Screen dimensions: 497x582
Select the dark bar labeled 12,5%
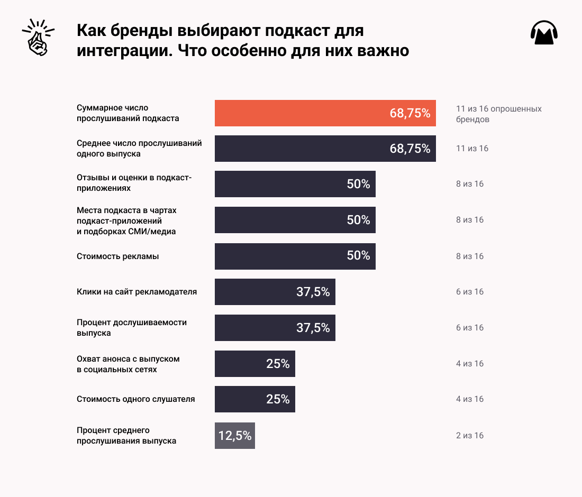tap(235, 436)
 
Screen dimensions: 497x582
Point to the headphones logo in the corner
tap(544, 33)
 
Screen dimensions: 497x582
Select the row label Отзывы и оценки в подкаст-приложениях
tap(134, 183)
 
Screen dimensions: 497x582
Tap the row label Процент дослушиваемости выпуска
tap(131, 328)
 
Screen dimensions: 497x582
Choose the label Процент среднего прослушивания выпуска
tap(126, 435)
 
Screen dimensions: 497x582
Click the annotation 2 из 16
tap(470, 436)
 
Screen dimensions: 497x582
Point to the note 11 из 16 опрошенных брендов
tap(498, 114)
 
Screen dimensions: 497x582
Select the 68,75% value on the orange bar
tap(410, 113)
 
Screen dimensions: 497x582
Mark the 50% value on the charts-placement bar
tap(358, 220)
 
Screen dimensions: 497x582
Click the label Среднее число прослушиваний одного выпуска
tap(139, 148)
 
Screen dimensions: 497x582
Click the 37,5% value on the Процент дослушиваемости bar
tap(313, 328)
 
